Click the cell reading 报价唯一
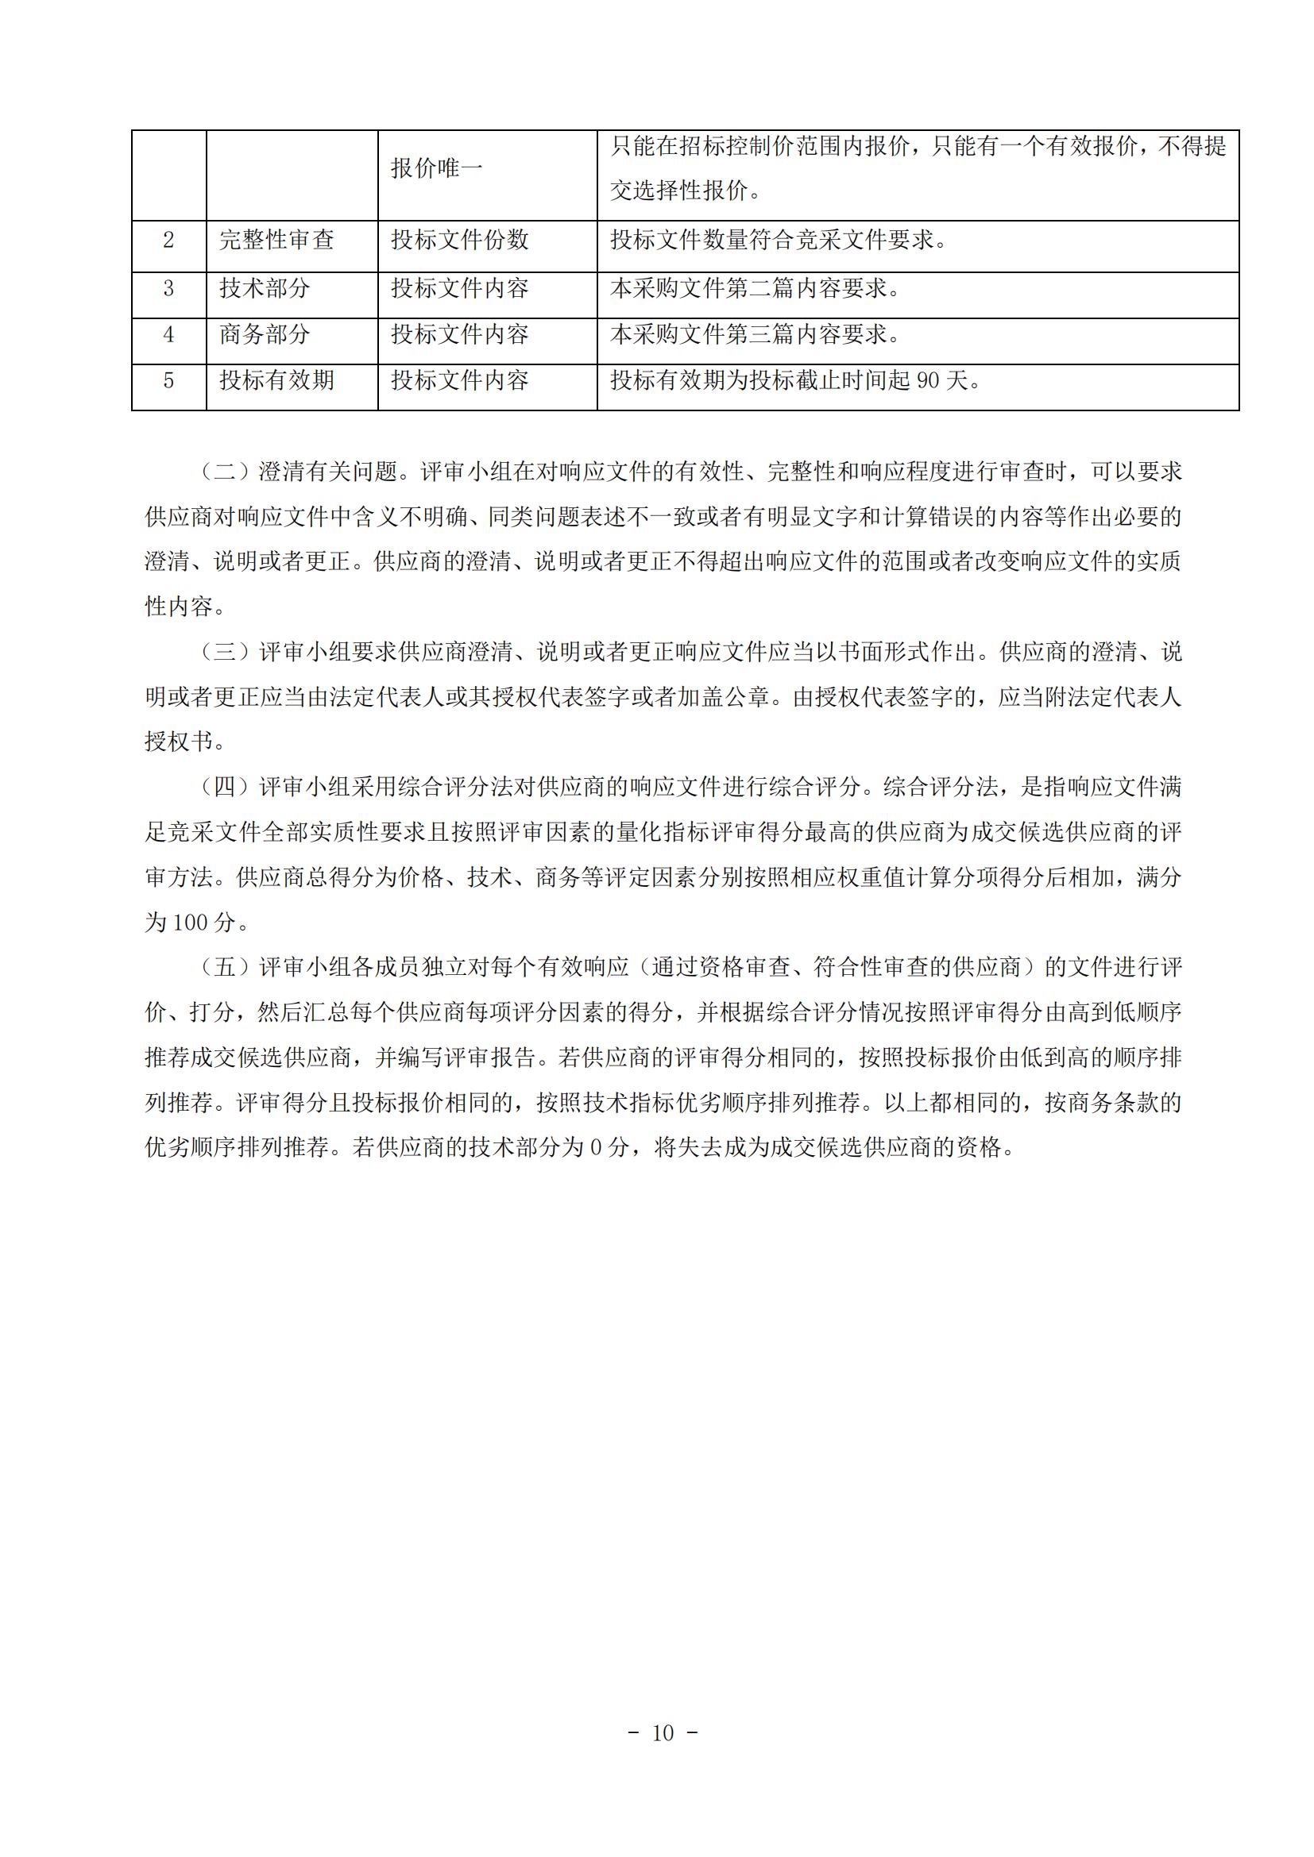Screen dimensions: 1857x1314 pos(436,168)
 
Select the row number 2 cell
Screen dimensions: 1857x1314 pos(168,241)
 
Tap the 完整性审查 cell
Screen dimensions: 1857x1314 pos(276,241)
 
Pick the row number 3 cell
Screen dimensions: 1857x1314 pos(168,289)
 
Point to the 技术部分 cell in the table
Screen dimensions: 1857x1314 pos(265,289)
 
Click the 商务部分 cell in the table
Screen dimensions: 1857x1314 pos(265,335)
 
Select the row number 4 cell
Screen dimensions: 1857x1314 pos(168,335)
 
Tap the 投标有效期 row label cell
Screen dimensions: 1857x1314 pos(276,381)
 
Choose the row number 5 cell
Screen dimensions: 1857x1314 pos(168,381)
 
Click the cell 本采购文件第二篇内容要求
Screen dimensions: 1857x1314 pos(754,289)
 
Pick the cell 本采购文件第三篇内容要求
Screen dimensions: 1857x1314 pos(754,335)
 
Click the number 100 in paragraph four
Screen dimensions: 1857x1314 pos(191,923)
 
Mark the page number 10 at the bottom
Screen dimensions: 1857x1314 pos(662,1732)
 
